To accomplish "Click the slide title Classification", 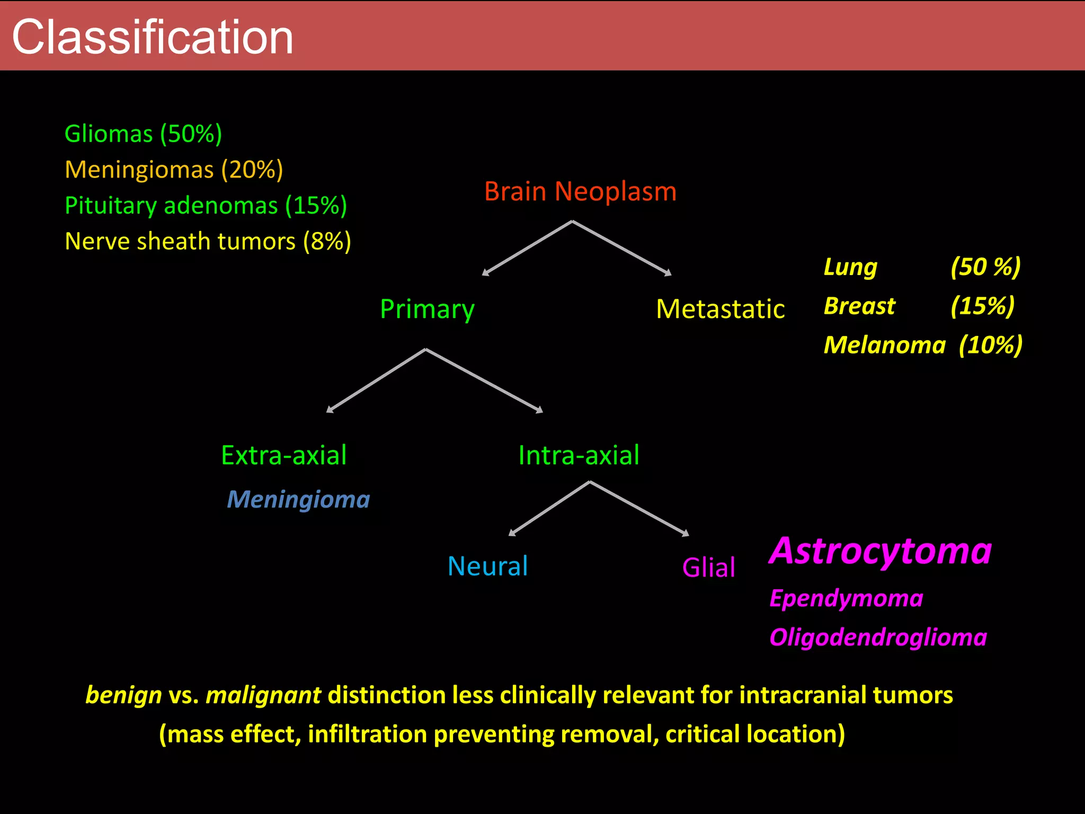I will click(x=153, y=37).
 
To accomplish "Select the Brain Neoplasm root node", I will click(x=580, y=191).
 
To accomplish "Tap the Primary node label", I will click(x=427, y=309).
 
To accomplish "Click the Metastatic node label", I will click(x=720, y=309).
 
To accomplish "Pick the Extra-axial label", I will click(x=284, y=455).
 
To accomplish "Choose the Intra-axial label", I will click(x=579, y=455).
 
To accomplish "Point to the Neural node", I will click(x=487, y=566).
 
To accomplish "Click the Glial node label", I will click(x=708, y=568).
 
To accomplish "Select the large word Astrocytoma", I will click(x=880, y=551).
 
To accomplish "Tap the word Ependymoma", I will click(x=846, y=598).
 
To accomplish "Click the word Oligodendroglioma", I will click(x=878, y=638).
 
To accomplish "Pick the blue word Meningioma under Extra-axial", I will click(x=298, y=500).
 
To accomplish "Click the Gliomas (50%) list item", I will click(x=143, y=134).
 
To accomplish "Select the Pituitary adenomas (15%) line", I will click(x=206, y=206).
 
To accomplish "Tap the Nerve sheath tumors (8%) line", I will click(x=208, y=242).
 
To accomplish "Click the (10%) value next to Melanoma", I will click(x=991, y=345).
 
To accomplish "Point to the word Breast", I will click(x=859, y=306).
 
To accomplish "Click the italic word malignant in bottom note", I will click(x=263, y=695).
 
